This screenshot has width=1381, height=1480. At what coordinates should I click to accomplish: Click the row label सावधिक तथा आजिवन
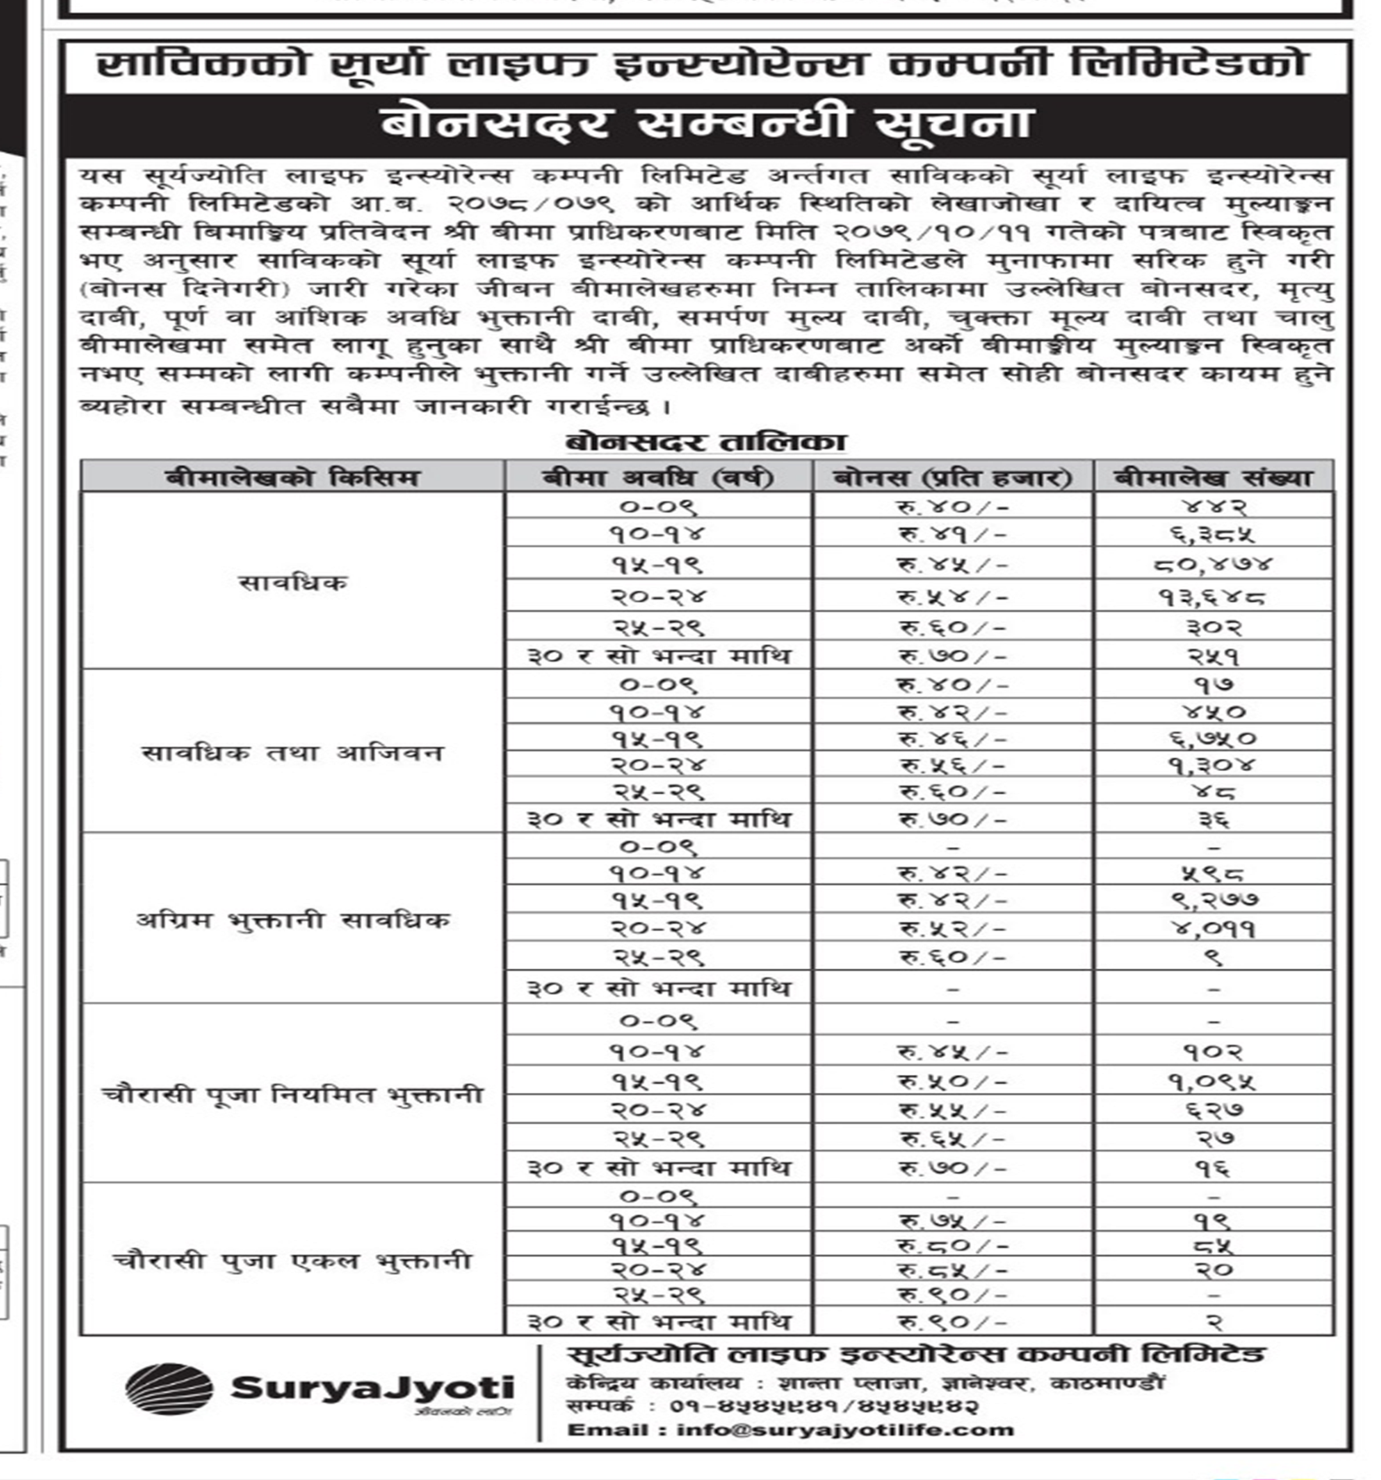click(292, 752)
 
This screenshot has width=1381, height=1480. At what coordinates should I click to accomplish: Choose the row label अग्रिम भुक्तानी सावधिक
click(292, 920)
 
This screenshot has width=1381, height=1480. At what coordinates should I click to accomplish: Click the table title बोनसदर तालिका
click(705, 442)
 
